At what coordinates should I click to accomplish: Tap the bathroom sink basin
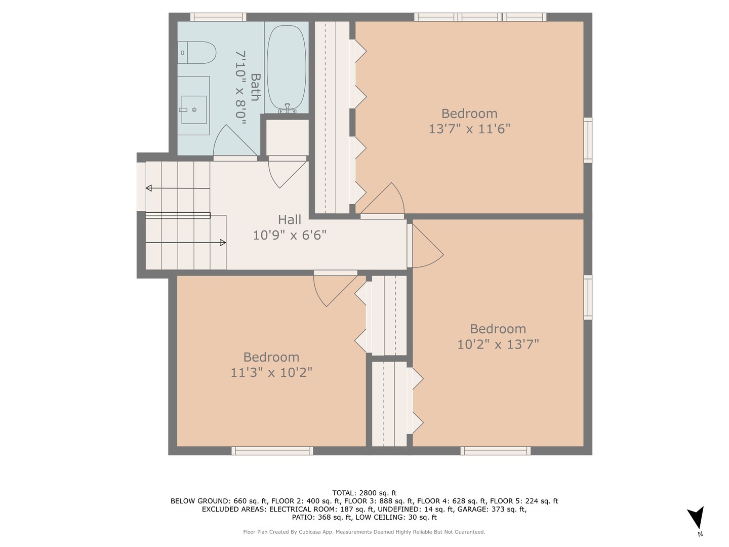194,109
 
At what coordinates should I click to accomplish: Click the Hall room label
290,220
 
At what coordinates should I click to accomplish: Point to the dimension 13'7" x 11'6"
469,129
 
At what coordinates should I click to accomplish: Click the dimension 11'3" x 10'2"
271,372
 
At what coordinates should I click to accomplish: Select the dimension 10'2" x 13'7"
498,344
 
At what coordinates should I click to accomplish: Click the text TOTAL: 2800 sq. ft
364,493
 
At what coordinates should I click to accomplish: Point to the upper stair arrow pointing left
149,188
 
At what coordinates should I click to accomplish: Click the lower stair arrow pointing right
222,243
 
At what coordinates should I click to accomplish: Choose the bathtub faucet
287,108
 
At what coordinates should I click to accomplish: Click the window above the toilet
218,17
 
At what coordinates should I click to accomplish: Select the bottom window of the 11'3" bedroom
272,451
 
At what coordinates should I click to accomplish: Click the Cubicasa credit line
364,532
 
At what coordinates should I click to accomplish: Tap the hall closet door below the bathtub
287,172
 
